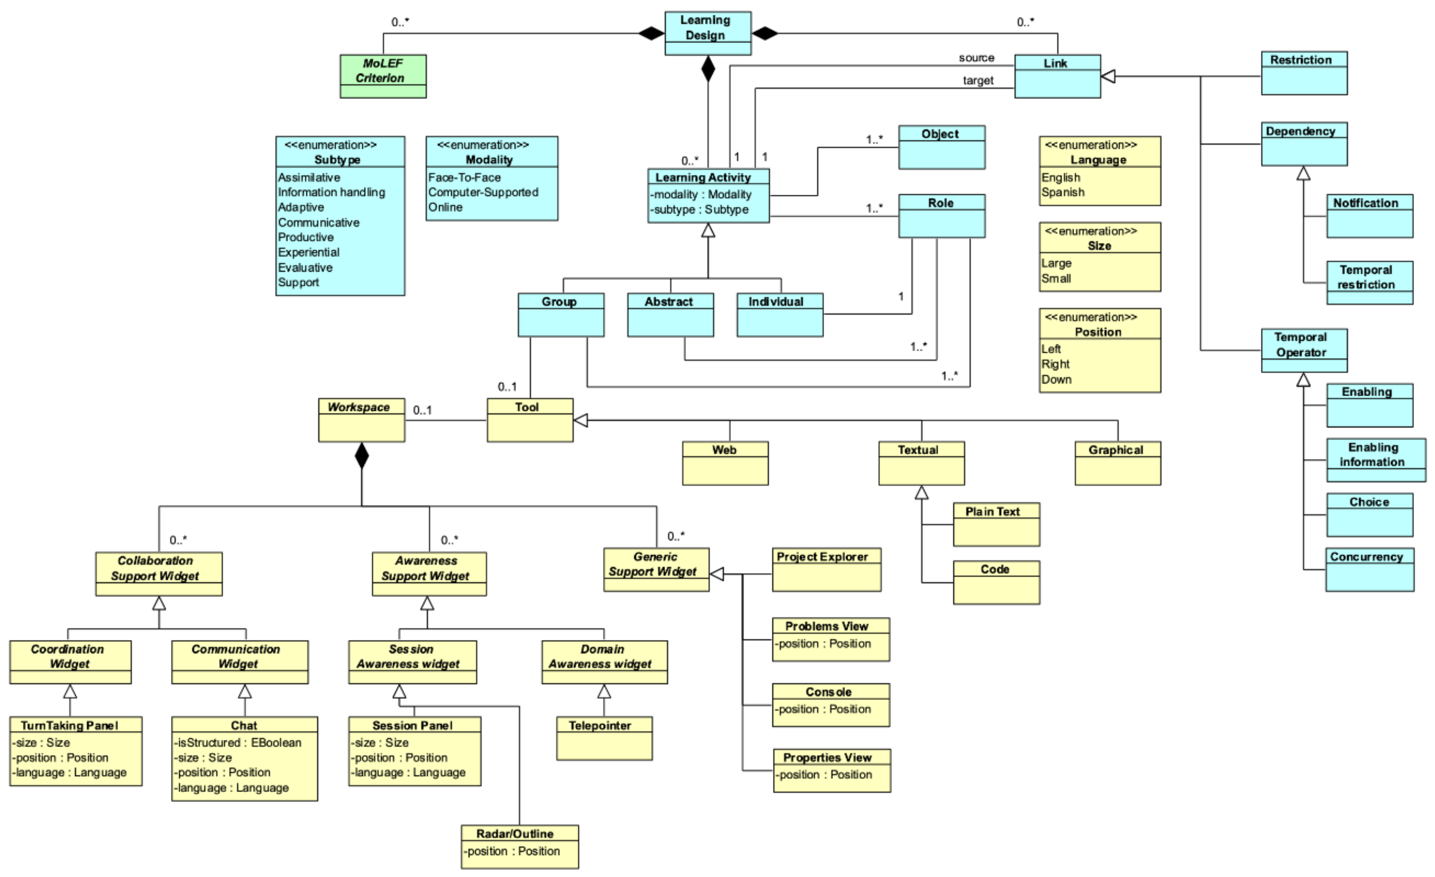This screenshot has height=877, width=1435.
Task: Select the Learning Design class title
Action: click(707, 27)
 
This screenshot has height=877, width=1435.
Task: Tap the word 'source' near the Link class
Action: click(976, 58)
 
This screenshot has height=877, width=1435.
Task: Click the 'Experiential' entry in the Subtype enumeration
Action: click(308, 252)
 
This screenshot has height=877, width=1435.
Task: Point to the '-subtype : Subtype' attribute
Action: click(699, 210)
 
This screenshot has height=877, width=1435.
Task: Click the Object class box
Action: click(941, 147)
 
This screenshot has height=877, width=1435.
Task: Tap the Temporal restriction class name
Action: click(1366, 277)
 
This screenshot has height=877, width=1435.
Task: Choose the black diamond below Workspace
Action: click(362, 456)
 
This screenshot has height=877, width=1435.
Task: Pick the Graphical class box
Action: click(1117, 463)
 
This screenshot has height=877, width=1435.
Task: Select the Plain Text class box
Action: click(996, 525)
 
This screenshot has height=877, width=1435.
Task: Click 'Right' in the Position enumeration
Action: click(1055, 364)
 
